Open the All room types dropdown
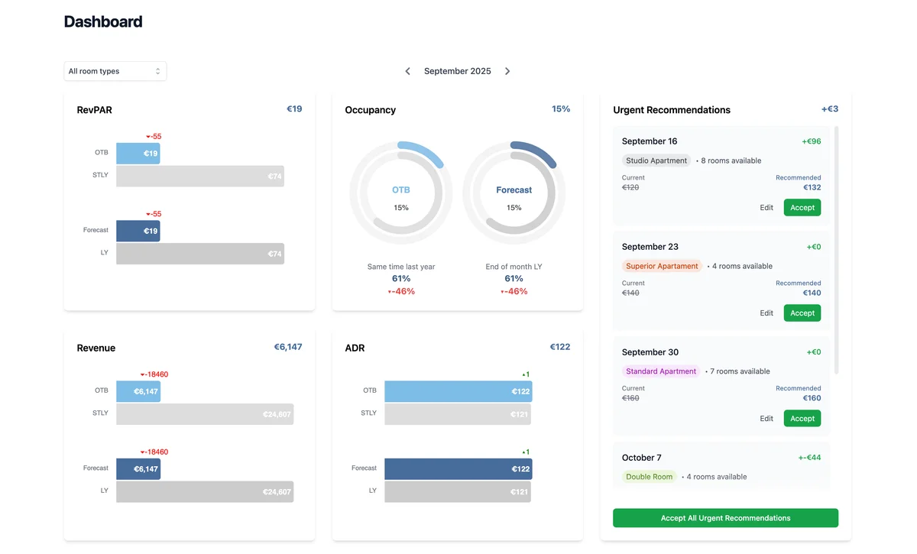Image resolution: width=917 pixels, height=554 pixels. pyautogui.click(x=115, y=71)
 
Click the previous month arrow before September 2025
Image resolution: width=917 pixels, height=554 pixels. pyautogui.click(x=407, y=71)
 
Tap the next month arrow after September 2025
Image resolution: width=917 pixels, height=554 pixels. pyautogui.click(x=507, y=71)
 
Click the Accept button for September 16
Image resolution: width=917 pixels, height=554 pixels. pyautogui.click(x=802, y=208)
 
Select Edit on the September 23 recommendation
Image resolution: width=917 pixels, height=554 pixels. pyautogui.click(x=766, y=313)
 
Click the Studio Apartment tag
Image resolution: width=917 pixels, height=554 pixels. pyautogui.click(x=656, y=161)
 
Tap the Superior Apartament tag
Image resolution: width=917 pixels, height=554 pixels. pyautogui.click(x=662, y=267)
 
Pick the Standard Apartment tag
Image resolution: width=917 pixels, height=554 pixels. pyautogui.click(x=661, y=371)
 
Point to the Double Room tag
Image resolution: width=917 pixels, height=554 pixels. pyautogui.click(x=649, y=477)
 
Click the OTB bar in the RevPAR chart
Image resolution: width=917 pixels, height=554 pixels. pyautogui.click(x=138, y=154)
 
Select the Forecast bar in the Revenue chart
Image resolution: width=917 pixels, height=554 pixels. pyautogui.click(x=138, y=469)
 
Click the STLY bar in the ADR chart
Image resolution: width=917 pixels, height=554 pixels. pyautogui.click(x=457, y=414)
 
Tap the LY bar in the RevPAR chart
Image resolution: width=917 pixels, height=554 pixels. pyautogui.click(x=199, y=254)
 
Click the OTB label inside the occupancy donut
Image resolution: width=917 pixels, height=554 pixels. pyautogui.click(x=401, y=190)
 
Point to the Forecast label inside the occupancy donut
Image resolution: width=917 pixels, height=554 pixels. pyautogui.click(x=514, y=190)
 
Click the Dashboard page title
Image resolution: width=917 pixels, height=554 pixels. pyautogui.click(x=103, y=22)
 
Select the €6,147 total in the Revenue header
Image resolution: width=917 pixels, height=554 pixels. pyautogui.click(x=288, y=347)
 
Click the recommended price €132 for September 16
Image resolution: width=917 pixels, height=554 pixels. pyautogui.click(x=812, y=188)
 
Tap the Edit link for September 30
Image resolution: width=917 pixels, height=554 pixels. pyautogui.click(x=766, y=419)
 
